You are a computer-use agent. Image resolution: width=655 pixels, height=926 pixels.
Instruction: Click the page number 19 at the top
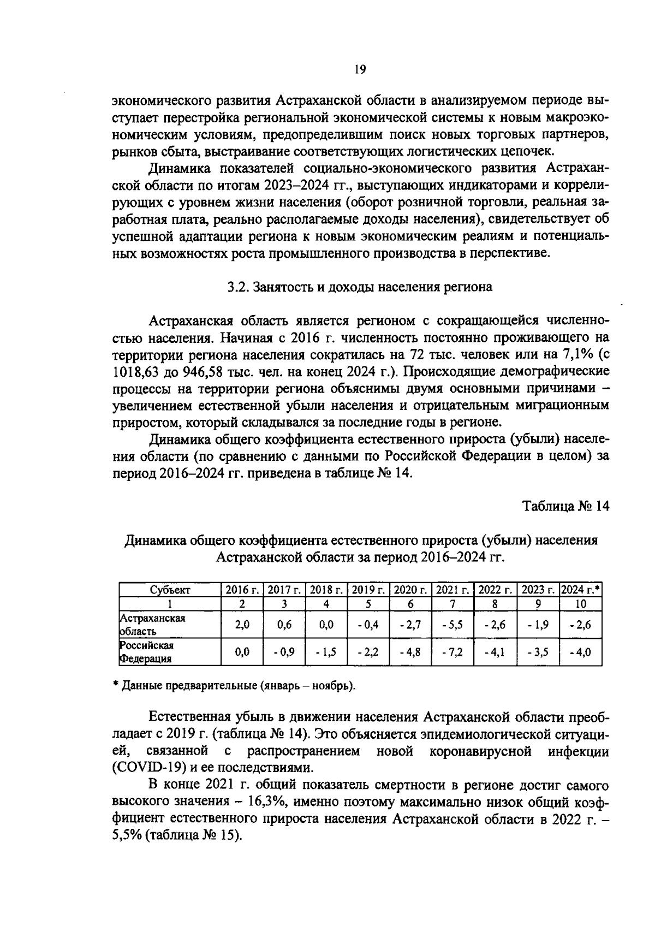pyautogui.click(x=360, y=69)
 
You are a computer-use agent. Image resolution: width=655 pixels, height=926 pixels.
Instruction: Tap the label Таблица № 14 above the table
pyautogui.click(x=565, y=506)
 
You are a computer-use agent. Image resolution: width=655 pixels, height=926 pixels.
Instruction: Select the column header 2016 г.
pyautogui.click(x=242, y=590)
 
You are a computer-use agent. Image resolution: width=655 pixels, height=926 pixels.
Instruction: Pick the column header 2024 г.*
pyautogui.click(x=581, y=590)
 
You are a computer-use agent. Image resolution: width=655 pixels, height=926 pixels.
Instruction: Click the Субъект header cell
pyautogui.click(x=170, y=590)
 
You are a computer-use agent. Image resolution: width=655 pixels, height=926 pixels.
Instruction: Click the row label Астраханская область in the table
pyautogui.click(x=152, y=625)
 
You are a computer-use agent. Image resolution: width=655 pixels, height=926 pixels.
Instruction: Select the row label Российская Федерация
pyautogui.click(x=147, y=652)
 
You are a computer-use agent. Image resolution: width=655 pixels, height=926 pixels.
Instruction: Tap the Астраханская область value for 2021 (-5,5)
pyautogui.click(x=452, y=625)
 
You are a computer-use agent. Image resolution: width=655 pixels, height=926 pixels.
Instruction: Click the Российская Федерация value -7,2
pyautogui.click(x=452, y=652)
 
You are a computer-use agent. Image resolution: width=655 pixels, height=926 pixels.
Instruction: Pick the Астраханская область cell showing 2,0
pyautogui.click(x=242, y=625)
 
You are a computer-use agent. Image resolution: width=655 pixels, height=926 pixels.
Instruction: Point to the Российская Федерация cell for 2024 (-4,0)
pyautogui.click(x=581, y=652)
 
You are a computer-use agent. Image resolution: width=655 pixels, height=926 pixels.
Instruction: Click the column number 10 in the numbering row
pyautogui.click(x=581, y=604)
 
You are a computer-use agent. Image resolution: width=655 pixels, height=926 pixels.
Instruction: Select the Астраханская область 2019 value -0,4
pyautogui.click(x=368, y=625)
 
